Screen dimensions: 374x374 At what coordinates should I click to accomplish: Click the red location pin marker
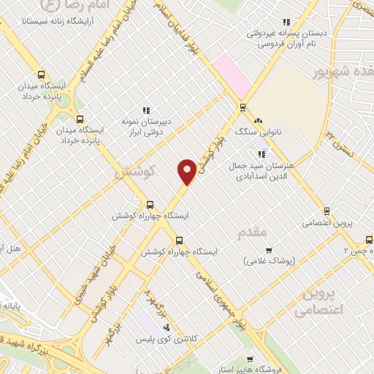(187, 171)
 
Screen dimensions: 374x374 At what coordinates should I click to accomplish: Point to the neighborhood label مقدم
(254, 232)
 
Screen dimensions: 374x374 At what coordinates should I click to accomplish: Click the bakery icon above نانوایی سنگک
(257, 121)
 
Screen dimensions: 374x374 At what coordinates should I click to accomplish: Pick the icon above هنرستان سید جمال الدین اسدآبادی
(262, 153)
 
